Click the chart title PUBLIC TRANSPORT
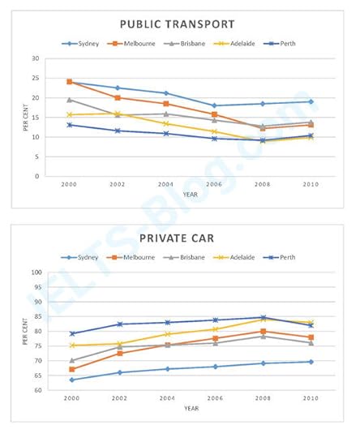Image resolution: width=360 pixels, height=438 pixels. tap(177, 24)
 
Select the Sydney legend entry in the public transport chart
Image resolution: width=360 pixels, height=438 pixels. tap(84, 44)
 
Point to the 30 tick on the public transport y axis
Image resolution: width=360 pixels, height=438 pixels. tap(36, 58)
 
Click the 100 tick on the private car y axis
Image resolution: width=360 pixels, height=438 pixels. tap(35, 273)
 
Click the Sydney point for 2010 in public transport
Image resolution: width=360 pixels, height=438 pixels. tap(310, 102)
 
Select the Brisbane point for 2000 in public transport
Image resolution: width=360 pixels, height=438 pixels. tap(70, 100)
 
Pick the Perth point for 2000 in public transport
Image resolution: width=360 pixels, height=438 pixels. tap(70, 125)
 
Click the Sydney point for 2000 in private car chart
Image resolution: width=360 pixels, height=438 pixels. tap(70, 380)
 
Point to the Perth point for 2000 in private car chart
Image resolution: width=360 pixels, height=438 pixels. tap(70, 333)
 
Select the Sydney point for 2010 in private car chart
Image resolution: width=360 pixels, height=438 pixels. tap(310, 362)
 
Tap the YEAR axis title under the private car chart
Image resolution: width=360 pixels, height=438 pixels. tap(190, 408)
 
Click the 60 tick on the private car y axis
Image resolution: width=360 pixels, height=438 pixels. tap(36, 390)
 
